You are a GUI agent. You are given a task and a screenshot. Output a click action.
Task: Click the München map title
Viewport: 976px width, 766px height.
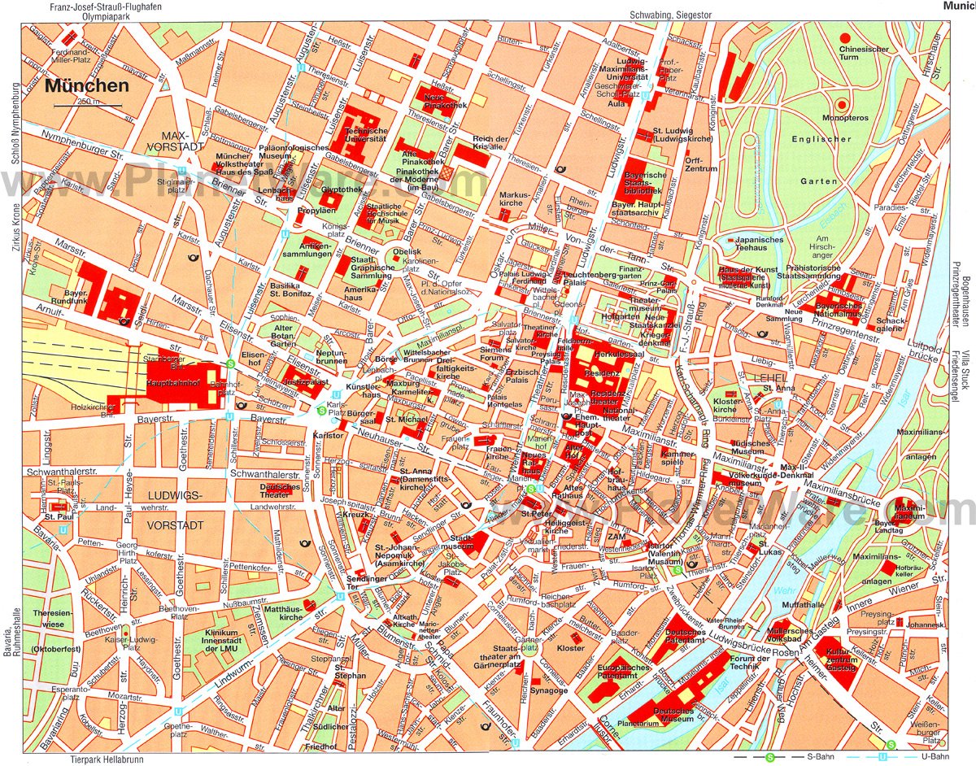tap(86, 86)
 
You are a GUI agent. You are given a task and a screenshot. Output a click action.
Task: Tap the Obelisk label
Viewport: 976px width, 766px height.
tap(406, 251)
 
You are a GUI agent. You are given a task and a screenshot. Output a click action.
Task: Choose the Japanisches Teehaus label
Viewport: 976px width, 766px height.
tap(758, 244)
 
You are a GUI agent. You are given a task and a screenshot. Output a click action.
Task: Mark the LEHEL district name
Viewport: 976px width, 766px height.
tap(769, 378)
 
